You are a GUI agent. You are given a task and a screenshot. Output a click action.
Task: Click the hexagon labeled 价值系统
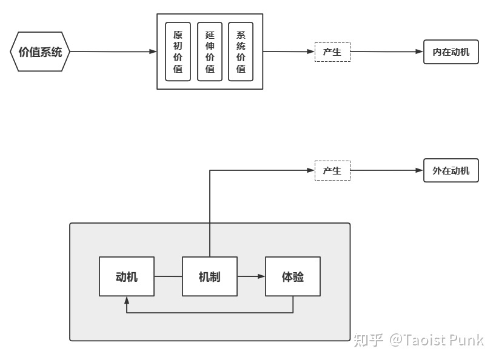pos(40,52)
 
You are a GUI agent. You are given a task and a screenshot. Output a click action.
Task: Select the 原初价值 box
pos(178,52)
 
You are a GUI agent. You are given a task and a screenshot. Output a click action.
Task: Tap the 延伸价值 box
pos(210,52)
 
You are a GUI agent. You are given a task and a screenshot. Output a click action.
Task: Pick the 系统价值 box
pos(241,52)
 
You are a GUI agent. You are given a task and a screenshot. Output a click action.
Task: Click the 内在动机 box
pos(451,52)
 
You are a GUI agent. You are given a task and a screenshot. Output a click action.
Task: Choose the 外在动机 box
pos(451,171)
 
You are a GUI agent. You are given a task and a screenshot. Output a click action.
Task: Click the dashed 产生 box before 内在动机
pos(332,52)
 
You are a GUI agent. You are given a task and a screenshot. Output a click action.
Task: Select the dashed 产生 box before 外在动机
pos(332,171)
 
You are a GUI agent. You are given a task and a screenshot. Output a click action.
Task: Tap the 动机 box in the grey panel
pos(127,276)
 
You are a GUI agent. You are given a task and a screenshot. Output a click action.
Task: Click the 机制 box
pos(210,276)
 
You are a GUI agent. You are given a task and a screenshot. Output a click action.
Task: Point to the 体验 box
pos(293,276)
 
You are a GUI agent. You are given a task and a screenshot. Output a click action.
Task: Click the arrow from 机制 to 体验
pos(251,276)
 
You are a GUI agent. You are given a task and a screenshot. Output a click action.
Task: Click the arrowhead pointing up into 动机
pos(127,300)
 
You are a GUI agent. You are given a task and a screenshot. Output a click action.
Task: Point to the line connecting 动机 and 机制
pos(168,276)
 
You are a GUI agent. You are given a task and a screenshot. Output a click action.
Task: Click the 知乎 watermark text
pos(368,340)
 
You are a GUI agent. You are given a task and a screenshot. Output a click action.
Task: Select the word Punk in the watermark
pos(466,340)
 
